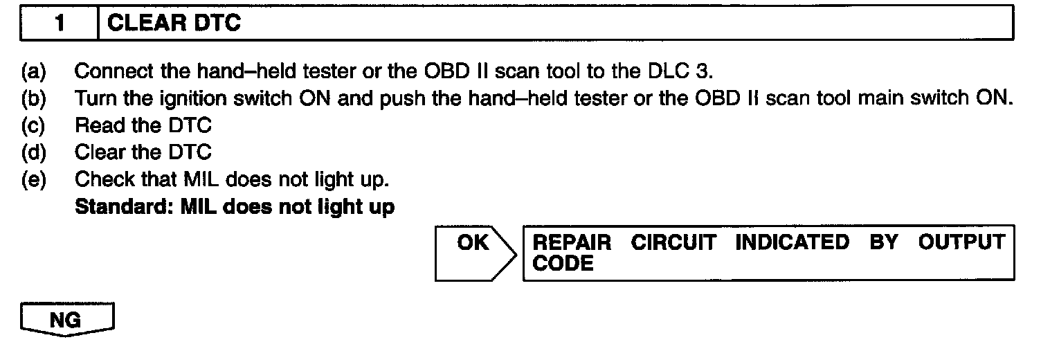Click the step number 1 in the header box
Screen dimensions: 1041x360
click(x=60, y=24)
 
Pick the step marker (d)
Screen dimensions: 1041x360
click(x=31, y=152)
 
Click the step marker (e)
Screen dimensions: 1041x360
click(x=31, y=179)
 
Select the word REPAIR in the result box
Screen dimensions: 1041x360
click(x=572, y=243)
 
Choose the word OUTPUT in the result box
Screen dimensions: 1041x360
click(x=961, y=243)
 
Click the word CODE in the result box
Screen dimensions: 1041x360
click(x=563, y=264)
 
